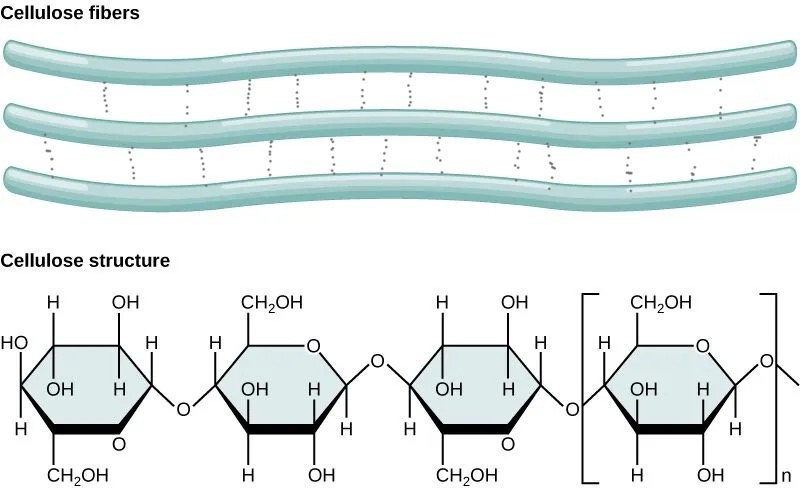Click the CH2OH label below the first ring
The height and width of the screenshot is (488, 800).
(78, 473)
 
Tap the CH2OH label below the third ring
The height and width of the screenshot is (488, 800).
(467, 473)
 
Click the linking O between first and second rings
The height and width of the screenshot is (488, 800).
(182, 409)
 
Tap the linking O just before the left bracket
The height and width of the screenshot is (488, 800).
(572, 409)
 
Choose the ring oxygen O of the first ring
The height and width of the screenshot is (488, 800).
(120, 443)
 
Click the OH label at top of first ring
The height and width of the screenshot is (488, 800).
(126, 302)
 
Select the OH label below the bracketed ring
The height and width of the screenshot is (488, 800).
(709, 473)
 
